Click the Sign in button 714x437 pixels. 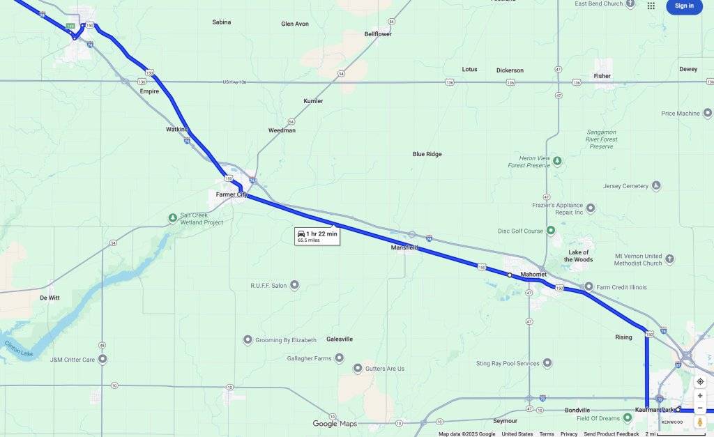684,6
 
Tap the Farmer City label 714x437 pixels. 231,194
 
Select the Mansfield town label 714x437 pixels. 404,247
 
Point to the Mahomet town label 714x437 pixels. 533,275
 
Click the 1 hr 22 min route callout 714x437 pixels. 317,236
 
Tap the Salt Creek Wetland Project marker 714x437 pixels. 173,218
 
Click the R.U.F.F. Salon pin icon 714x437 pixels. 294,285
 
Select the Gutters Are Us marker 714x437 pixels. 358,368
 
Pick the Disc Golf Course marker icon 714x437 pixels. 550,230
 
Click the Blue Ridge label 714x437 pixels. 427,154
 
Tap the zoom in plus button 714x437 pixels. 700,396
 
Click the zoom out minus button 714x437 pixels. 700,408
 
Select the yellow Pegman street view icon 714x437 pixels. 700,423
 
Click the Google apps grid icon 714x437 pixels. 651,6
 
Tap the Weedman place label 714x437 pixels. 282,130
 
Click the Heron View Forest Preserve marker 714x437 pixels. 557,162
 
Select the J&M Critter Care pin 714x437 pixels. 102,360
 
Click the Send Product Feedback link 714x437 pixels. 611,434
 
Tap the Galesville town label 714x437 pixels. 340,339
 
